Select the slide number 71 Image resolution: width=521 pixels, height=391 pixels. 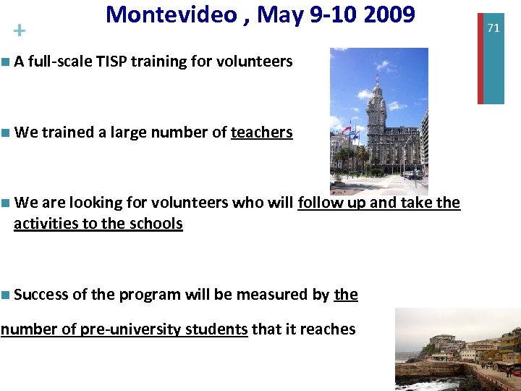tap(494, 28)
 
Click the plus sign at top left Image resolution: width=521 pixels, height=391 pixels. tap(19, 31)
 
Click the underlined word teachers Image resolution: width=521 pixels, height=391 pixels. tap(261, 133)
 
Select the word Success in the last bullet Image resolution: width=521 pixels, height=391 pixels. tap(41, 295)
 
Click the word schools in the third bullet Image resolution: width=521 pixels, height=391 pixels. tap(156, 224)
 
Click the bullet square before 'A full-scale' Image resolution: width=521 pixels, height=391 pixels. tap(6, 62)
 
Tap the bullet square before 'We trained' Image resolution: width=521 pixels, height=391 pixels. tap(6, 133)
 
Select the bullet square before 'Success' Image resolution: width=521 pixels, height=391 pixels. tap(6, 295)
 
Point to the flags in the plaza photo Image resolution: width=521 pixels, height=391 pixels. tap(350, 132)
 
